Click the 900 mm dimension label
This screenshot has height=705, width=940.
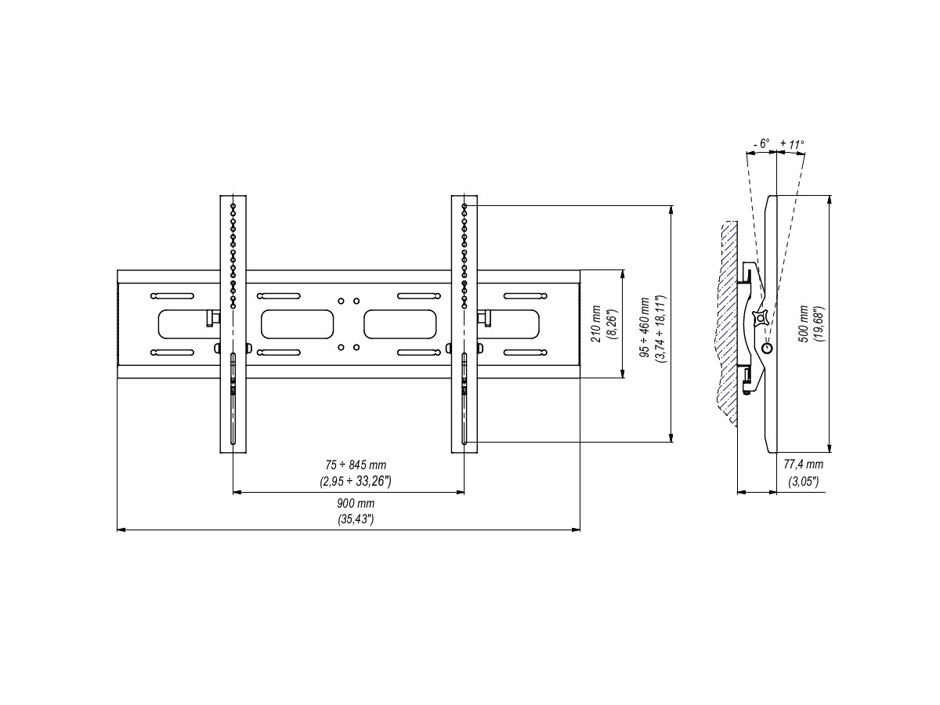349,504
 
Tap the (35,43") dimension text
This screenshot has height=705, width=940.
349,519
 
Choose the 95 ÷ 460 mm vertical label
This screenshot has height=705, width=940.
644,327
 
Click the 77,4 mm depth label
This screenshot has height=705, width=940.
803,465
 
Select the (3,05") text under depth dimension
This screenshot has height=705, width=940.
803,481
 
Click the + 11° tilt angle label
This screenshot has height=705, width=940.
792,144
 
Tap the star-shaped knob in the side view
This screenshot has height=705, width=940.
758,318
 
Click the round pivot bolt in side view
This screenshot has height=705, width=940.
767,348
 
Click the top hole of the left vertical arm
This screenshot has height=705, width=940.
233,207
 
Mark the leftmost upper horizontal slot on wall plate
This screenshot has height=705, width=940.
172,296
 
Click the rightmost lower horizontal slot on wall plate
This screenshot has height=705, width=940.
523,352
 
